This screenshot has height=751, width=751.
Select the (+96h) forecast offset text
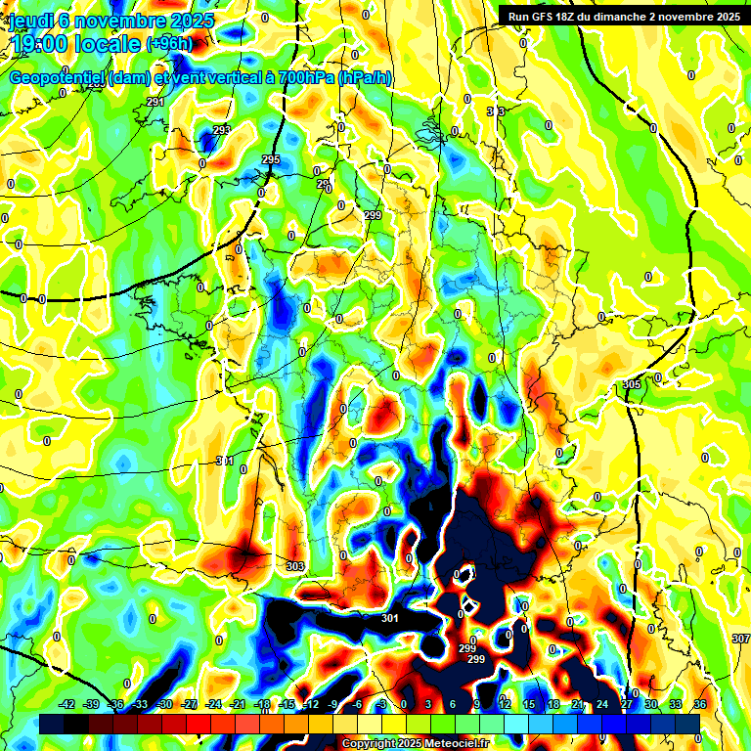tap(169, 43)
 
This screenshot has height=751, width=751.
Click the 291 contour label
tap(155, 103)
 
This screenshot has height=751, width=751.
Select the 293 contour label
tap(222, 130)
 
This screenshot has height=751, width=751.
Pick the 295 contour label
tap(271, 159)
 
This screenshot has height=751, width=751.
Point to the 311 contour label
tap(225, 461)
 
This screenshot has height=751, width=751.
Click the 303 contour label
tap(295, 566)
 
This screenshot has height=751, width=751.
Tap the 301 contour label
tap(390, 618)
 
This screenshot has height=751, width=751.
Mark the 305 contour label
tap(631, 385)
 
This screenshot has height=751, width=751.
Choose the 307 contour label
tap(740, 639)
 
